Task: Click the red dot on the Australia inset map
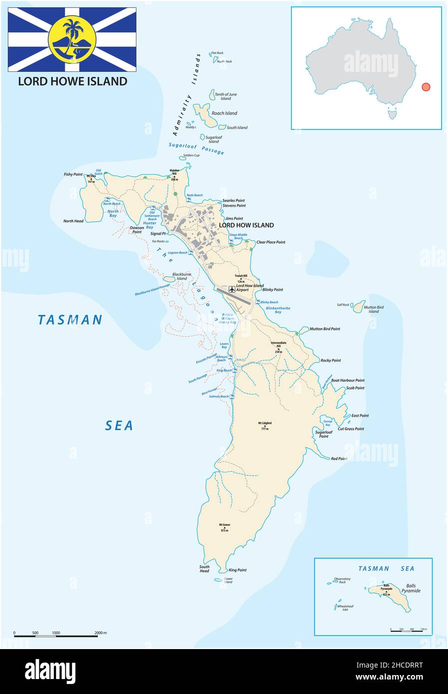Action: (426, 87)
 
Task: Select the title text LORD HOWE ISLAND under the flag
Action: (72, 81)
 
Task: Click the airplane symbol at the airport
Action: (231, 289)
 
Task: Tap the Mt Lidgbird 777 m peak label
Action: (265, 425)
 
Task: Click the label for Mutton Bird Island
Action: (374, 309)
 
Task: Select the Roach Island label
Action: (224, 113)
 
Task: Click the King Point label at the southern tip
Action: (237, 570)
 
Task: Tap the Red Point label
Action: (339, 458)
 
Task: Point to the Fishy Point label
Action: (73, 174)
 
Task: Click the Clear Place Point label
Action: (270, 242)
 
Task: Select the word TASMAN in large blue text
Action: (70, 320)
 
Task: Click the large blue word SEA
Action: (119, 425)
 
